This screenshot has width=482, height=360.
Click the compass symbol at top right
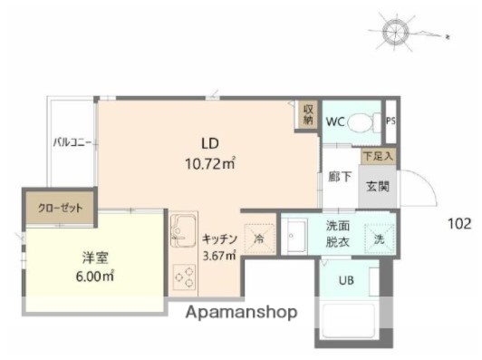pos(397,31)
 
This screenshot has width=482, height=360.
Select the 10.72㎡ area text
pos(210,164)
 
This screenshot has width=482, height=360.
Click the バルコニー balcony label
pos(71,143)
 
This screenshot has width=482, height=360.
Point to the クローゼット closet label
pos(60,208)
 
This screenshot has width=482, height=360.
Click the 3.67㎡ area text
pos(219,257)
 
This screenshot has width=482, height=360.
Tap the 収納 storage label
pos(308,112)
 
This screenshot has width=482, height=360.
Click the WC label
pos(334,121)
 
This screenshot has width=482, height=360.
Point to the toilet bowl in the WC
pos(364,120)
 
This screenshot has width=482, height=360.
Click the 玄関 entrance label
pos(378,187)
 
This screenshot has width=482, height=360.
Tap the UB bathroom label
pos(346,280)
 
